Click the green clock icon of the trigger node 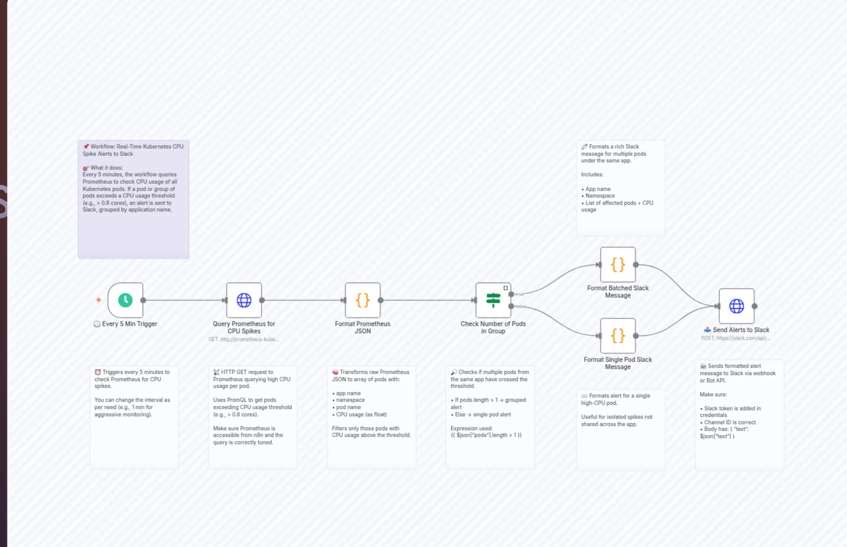[125, 300]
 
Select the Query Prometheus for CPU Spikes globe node [244, 300]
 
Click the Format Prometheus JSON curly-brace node [362, 300]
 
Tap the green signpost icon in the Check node [493, 300]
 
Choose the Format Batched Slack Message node [618, 265]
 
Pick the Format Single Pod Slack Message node [618, 336]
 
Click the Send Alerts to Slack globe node [737, 306]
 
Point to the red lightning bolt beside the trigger [99, 300]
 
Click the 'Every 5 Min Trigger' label [129, 324]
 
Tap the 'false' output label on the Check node [521, 306]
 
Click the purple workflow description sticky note [134, 199]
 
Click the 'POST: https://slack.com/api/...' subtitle [735, 338]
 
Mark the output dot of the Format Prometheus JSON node [380, 300]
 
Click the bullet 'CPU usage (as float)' [361, 415]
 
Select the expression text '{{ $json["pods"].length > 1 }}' [486, 435]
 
